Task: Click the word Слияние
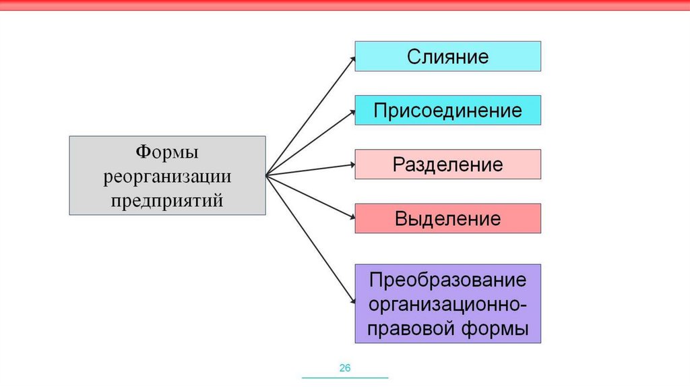point(447,56)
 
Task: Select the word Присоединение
point(447,110)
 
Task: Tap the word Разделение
point(447,165)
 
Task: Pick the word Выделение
point(447,218)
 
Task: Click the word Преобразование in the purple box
point(447,280)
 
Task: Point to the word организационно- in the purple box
point(447,304)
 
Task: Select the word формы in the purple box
point(496,330)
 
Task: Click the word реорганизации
point(167,177)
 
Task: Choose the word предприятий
point(167,200)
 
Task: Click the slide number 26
point(345,368)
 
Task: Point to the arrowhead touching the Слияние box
point(352,58)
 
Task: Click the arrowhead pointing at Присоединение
point(352,112)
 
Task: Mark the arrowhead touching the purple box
point(352,301)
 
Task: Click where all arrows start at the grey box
point(266,175)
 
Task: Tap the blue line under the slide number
point(345,378)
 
